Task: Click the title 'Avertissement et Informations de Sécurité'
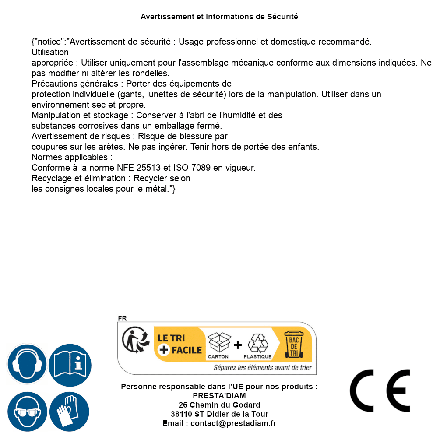219,17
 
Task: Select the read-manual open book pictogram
70,364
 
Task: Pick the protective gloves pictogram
70,412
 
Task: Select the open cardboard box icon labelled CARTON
218,343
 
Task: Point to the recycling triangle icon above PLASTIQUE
257,343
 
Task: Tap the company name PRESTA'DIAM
219,396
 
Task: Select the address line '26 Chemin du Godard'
219,405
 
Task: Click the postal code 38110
180,414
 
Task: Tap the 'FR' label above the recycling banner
122,318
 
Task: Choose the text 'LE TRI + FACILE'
180,344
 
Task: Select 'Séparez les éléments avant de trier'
263,368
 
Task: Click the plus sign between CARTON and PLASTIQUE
238,345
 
